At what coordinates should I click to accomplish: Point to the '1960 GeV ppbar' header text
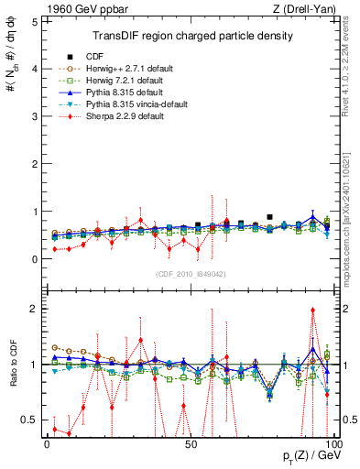(x=84, y=8)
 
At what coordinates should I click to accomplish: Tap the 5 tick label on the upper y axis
(x=34, y=20)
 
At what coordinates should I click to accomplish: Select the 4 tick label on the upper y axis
(x=34, y=68)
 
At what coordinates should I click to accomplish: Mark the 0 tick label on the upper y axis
(x=34, y=258)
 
